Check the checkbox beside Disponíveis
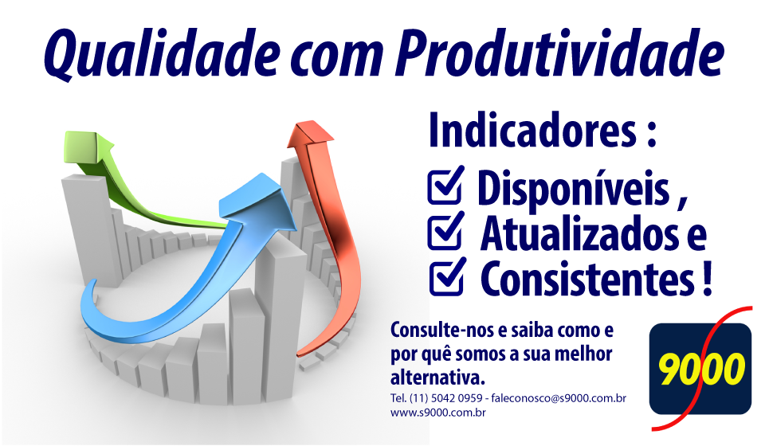[445, 186]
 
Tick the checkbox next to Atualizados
[445, 231]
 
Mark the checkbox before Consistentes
[447, 276]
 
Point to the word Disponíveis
[573, 189]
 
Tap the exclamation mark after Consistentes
[708, 278]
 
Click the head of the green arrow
[87, 147]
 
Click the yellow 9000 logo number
[701, 369]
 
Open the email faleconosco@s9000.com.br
[559, 398]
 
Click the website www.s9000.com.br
[438, 413]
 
